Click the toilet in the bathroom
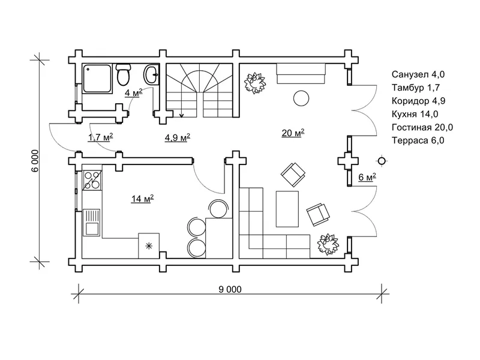click(x=124, y=74)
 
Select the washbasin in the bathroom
click(x=151, y=74)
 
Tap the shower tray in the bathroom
click(x=97, y=79)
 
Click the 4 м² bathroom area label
click(x=133, y=92)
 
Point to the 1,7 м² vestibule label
click(x=100, y=137)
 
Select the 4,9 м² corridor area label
click(x=177, y=137)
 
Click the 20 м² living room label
click(x=293, y=133)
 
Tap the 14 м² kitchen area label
click(x=142, y=199)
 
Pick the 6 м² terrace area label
click(x=367, y=177)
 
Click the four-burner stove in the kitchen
click(x=92, y=179)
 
